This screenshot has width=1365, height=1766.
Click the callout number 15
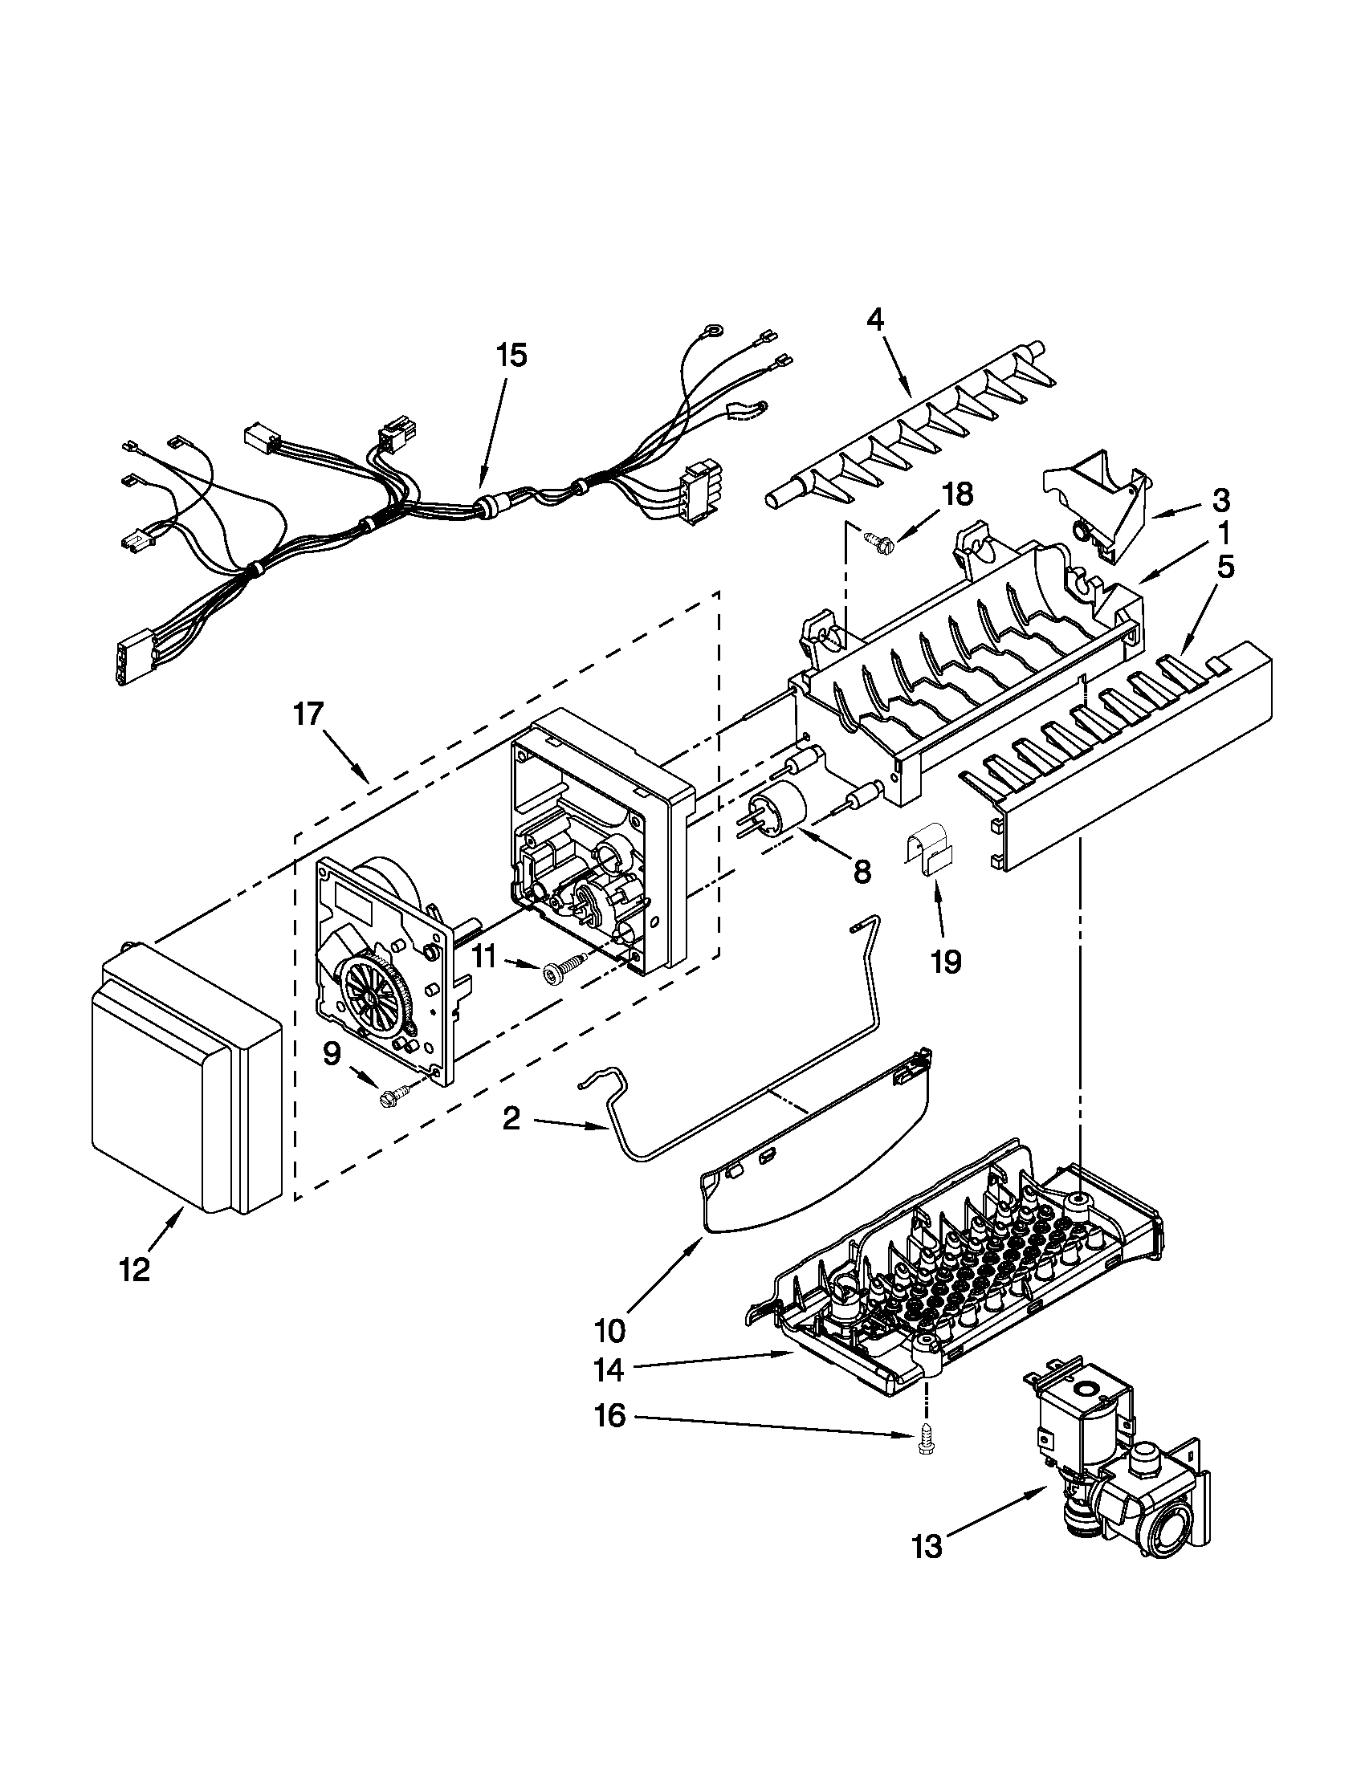[510, 354]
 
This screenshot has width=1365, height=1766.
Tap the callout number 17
[308, 714]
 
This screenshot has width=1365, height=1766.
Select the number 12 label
[135, 1272]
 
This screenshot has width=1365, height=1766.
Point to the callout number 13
[927, 1546]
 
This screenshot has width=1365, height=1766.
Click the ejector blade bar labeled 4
[906, 425]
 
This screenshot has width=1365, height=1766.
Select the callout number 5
[1225, 568]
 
